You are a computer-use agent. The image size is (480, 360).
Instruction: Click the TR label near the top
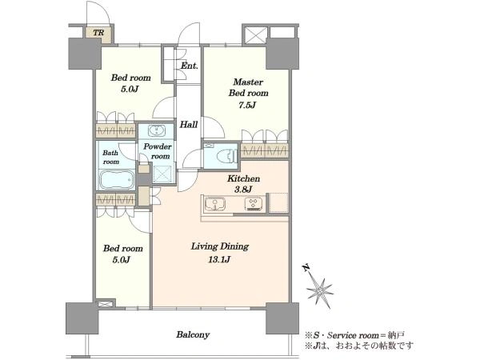coord(98,33)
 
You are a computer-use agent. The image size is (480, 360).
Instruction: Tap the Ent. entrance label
coord(189,66)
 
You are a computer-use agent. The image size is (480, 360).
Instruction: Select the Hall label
coord(188,124)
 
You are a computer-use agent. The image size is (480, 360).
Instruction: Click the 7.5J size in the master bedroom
coord(247,105)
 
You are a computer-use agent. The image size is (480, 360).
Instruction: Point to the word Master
coord(248,82)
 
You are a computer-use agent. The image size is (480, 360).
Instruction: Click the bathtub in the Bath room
coord(116,180)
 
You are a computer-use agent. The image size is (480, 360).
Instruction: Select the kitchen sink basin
coord(215,204)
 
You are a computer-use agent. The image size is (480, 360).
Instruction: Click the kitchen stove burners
coord(254,204)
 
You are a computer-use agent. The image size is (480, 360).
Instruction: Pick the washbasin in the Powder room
coord(157,130)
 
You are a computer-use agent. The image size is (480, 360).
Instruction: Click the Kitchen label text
coord(244,178)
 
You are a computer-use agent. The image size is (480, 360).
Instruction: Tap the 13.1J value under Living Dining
coord(219,259)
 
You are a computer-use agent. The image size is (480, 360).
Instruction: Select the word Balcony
coord(193,334)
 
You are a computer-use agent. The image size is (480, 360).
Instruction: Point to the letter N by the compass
coord(306,268)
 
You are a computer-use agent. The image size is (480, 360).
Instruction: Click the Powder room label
coord(158,151)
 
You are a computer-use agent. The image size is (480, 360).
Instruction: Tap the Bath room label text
coord(110,157)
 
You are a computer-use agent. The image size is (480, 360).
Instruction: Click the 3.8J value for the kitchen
coord(243,190)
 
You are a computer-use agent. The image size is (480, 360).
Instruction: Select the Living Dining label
coord(220,246)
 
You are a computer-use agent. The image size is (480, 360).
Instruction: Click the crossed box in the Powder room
coord(162,174)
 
